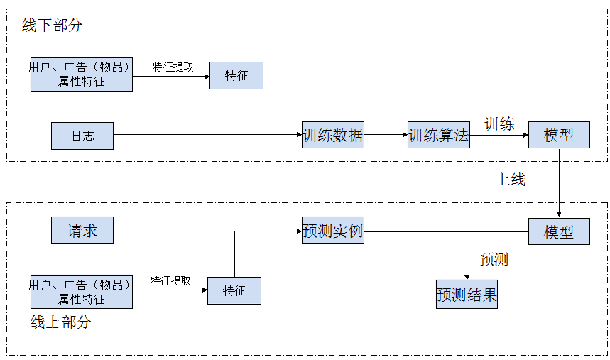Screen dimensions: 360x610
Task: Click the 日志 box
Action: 82,136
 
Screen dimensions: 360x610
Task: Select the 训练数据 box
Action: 332,135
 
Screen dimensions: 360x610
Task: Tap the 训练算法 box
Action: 439,135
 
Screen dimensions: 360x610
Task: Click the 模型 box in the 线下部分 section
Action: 559,135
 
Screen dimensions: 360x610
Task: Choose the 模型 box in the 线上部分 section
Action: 559,231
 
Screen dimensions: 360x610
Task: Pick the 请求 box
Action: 82,231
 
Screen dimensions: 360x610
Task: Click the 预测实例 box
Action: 332,231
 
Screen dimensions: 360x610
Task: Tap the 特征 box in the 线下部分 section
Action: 236,75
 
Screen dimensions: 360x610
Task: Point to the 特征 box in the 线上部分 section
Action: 234,290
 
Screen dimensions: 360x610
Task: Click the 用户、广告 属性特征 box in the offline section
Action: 82,74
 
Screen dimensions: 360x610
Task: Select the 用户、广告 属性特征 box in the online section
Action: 82,292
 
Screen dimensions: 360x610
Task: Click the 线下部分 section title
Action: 52,26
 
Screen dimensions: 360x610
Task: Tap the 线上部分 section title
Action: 60,322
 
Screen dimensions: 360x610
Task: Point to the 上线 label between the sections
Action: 510,180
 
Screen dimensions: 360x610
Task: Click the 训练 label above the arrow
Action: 499,124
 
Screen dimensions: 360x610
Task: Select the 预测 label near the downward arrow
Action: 494,259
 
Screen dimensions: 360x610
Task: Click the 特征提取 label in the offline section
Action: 173,67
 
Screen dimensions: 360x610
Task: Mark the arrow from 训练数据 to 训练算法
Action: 386,135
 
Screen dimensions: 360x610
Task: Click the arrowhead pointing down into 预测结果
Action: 467,276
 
